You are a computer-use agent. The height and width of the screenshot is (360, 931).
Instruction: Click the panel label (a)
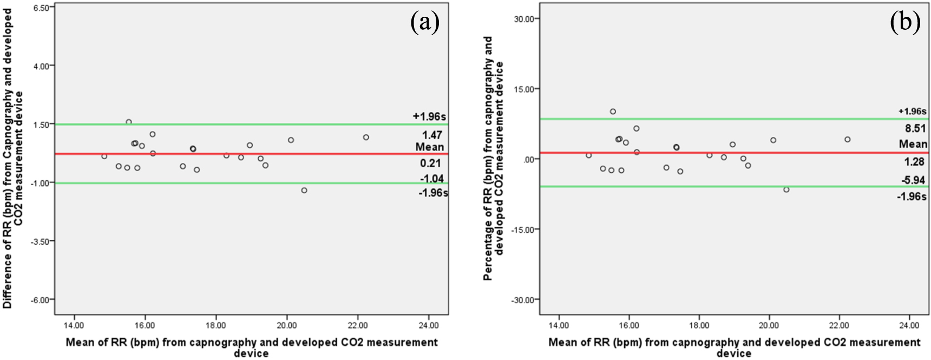[424, 22]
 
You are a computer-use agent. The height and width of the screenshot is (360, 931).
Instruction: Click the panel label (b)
[904, 23]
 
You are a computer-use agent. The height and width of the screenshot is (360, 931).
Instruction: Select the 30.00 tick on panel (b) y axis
[524, 19]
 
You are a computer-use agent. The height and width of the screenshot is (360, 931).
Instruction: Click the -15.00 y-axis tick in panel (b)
[523, 230]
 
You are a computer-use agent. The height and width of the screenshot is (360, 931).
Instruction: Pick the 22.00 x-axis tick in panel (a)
[357, 325]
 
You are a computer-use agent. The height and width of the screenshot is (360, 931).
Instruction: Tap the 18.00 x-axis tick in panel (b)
[699, 325]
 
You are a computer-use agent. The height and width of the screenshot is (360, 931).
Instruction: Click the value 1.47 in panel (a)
[432, 135]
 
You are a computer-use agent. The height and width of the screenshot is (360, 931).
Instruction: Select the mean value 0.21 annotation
[430, 163]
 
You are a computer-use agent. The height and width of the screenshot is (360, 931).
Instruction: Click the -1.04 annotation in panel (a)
[432, 179]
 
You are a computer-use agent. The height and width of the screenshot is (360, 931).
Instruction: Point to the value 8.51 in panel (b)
[915, 128]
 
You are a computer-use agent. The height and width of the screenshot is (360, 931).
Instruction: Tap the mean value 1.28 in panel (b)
[914, 161]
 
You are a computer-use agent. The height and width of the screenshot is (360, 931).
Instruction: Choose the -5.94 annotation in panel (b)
[913, 180]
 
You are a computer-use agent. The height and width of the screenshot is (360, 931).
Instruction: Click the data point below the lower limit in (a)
[304, 191]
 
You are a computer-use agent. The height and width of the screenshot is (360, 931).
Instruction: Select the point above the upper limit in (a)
[129, 122]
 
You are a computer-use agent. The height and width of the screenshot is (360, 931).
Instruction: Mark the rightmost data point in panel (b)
[847, 140]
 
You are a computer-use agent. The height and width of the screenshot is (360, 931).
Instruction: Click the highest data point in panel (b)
[613, 112]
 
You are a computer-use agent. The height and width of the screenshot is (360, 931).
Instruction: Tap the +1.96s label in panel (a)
[429, 116]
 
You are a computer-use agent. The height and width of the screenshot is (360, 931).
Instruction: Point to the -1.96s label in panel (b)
[912, 197]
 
